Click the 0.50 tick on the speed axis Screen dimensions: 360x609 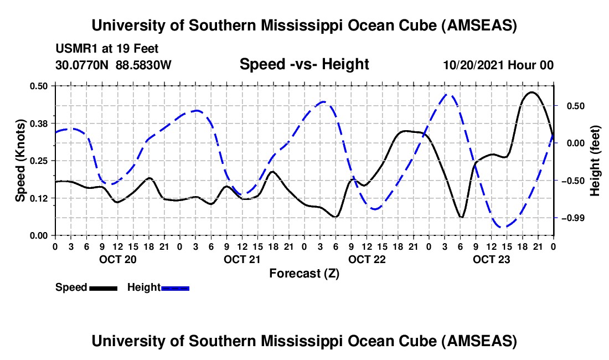40,86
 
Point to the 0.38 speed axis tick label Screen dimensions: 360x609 40,123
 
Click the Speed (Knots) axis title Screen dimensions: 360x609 20,161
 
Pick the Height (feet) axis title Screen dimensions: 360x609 596,161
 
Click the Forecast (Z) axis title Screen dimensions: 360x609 304,273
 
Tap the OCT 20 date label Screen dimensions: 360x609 117,259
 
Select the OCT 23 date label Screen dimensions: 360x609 491,259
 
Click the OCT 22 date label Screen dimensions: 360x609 367,259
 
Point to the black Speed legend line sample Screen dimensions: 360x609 102,287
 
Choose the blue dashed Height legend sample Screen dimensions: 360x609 175,287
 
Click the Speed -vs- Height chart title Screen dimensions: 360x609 304,64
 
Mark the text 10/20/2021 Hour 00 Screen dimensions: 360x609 498,65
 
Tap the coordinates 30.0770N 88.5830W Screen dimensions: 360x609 113,65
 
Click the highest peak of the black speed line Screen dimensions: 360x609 532,92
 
